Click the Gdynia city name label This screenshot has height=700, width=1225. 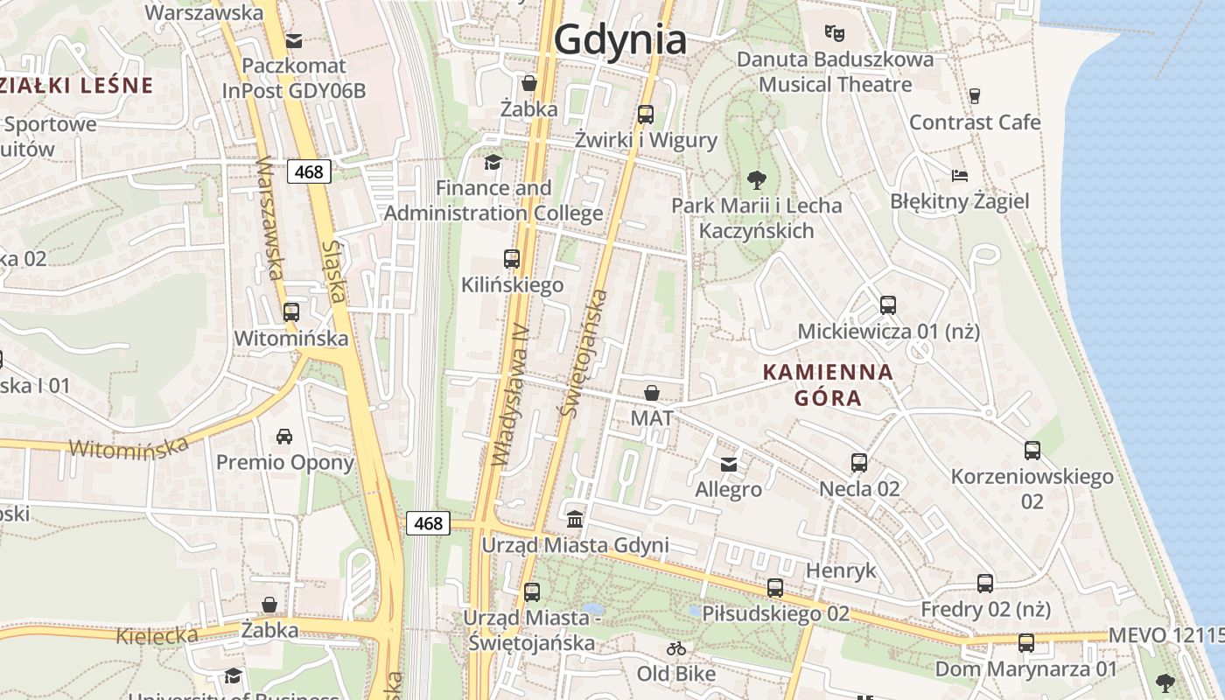click(x=620, y=39)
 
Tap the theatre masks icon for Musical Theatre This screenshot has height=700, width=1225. click(x=835, y=33)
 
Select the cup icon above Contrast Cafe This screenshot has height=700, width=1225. click(x=975, y=95)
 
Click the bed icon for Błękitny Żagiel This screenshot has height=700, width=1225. click(x=960, y=175)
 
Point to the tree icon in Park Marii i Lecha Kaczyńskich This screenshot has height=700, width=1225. click(x=756, y=180)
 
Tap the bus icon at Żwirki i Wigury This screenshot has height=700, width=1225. click(x=646, y=114)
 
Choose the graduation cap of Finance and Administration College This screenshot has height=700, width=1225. click(x=493, y=162)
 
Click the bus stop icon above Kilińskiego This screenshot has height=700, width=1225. click(x=512, y=259)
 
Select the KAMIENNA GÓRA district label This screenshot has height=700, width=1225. click(x=828, y=385)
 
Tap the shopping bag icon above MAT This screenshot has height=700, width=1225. click(x=652, y=393)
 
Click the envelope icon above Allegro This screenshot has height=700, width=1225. click(x=729, y=464)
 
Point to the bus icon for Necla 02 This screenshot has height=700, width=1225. click(x=859, y=462)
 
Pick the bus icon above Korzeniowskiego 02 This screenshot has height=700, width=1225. click(x=1032, y=451)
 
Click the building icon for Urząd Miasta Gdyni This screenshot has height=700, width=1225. click(x=575, y=520)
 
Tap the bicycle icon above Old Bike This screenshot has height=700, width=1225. click(x=676, y=648)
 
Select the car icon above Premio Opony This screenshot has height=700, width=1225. click(x=284, y=436)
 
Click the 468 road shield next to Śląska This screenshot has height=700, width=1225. click(x=309, y=171)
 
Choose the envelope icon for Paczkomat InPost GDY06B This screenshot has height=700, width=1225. click(x=294, y=40)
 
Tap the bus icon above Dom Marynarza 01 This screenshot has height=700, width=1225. click(x=1026, y=643)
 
